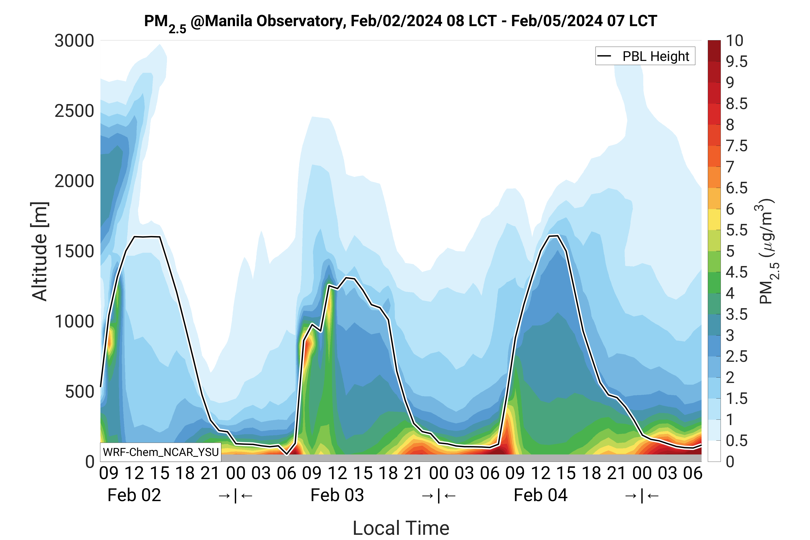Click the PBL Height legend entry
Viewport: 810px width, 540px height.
coord(645,56)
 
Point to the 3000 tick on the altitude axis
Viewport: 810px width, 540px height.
coord(74,41)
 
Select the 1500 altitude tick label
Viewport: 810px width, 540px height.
coord(74,251)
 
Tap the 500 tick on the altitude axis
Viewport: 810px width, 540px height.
coord(79,392)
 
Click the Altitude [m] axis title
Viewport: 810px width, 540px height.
coord(40,251)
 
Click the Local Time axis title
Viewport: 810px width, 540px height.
coord(401,528)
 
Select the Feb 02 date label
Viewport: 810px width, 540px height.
coord(134,495)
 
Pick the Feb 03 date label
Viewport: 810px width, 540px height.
coord(337,495)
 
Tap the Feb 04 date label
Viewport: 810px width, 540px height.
coord(540,495)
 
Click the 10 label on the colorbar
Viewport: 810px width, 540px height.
coord(735,41)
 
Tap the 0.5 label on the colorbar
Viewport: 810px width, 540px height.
coord(737,441)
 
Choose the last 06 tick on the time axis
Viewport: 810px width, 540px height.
coord(692,473)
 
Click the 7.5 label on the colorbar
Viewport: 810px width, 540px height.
coord(737,146)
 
